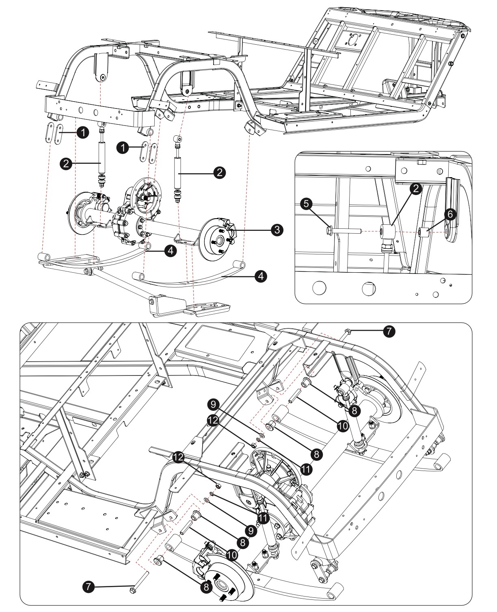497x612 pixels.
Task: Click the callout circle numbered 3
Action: [x=277, y=230]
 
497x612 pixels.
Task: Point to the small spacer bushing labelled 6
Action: [x=424, y=233]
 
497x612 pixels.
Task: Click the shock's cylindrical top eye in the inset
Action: [x=387, y=232]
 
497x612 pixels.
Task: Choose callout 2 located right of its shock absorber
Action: [x=220, y=172]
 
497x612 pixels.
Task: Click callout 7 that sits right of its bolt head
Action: [x=388, y=331]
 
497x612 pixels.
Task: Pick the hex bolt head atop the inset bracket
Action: [x=421, y=163]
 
